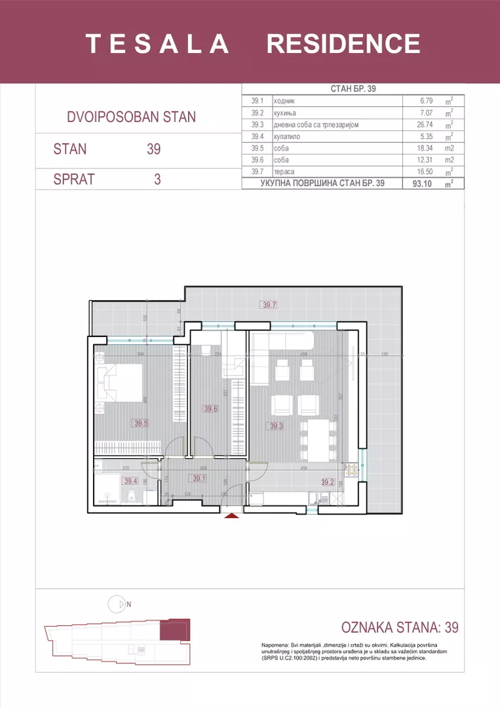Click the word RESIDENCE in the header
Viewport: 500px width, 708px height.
[343, 43]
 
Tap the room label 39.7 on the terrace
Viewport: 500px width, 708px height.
[269, 305]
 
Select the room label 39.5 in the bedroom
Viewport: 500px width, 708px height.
[141, 423]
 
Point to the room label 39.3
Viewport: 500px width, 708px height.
[277, 426]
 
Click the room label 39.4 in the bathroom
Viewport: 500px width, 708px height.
[131, 481]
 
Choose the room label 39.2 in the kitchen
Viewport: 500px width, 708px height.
[328, 482]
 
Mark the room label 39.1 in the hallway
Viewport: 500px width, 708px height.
[199, 478]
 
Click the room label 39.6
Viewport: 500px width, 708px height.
[210, 409]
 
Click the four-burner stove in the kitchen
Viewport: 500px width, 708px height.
[351, 469]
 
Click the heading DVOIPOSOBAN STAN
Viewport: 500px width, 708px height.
[131, 117]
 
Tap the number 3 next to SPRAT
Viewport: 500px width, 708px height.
[157, 179]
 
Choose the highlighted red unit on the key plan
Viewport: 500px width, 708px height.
[176, 629]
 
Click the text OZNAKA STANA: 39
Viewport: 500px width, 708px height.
[400, 627]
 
